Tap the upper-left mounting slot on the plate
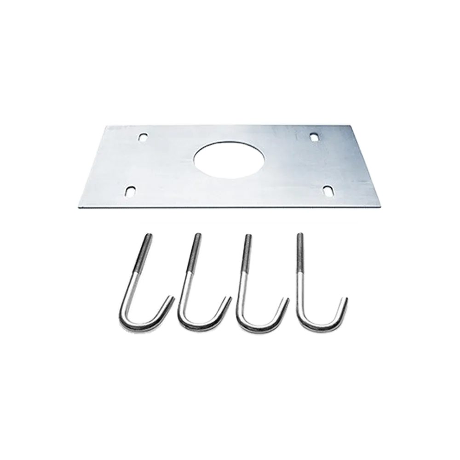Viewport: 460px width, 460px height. tap(144, 137)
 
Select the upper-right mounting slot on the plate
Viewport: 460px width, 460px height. tap(315, 137)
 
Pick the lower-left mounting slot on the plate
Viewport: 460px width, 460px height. tap(131, 190)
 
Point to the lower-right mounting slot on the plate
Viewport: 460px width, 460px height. tap(329, 190)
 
